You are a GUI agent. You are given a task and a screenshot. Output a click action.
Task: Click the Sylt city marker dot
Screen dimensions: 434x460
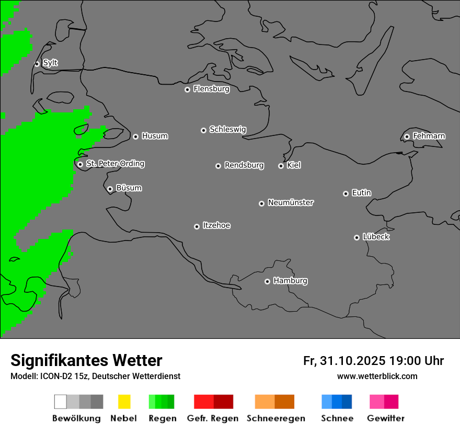tap(37, 64)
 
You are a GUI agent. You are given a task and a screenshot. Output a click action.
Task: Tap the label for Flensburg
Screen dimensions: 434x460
tap(211, 89)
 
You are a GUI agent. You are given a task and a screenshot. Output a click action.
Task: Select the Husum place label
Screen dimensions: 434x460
tap(155, 136)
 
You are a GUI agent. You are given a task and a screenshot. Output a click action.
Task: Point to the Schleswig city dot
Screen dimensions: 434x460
tap(204, 130)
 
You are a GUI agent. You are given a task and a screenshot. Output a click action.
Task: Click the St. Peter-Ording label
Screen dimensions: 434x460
tap(115, 164)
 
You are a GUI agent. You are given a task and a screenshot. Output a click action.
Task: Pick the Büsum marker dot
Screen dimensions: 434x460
tap(110, 189)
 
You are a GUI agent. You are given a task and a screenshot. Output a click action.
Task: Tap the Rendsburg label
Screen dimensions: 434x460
tap(244, 165)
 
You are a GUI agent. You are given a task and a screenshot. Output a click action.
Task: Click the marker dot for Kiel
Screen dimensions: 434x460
tap(281, 166)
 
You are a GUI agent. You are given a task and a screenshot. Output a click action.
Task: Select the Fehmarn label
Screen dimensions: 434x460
tap(429, 136)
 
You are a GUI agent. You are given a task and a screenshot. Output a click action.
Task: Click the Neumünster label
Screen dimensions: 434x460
tap(291, 202)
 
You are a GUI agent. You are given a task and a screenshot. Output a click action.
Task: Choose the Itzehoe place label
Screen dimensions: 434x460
tap(216, 225)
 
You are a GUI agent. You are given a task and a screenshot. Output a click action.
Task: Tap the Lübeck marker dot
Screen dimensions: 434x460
tap(357, 237)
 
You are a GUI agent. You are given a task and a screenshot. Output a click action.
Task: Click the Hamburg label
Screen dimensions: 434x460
tap(290, 281)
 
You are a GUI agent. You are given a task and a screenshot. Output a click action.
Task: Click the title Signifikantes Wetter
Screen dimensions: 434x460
tap(86, 360)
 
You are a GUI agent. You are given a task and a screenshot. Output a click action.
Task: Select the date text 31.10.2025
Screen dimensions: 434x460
tap(353, 361)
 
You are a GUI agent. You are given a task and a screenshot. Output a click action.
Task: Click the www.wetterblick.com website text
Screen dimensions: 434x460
tap(377, 376)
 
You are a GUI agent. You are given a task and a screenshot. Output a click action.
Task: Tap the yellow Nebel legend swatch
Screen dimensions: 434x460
tap(124, 402)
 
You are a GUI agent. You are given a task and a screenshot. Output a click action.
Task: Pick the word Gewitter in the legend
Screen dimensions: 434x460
tap(385, 418)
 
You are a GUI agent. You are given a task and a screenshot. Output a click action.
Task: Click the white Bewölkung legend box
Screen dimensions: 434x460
tap(60, 402)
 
